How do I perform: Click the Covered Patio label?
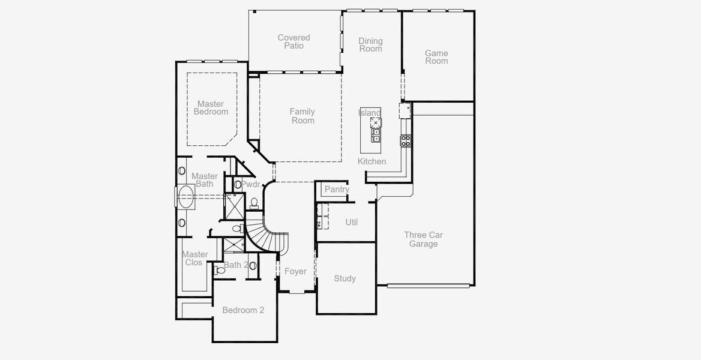[294, 42]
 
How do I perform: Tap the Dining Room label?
[370, 45]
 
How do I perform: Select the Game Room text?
[436, 57]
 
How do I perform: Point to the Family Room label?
[302, 116]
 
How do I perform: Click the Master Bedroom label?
[211, 108]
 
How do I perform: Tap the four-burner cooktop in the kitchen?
[406, 141]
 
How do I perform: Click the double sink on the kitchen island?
[376, 136]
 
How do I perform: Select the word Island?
[370, 113]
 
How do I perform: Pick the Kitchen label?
[372, 161]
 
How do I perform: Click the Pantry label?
[337, 190]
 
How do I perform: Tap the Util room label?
[352, 222]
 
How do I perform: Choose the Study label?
[345, 278]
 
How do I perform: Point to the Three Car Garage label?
[423, 239]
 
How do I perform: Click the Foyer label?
[295, 271]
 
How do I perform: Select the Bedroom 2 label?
[243, 310]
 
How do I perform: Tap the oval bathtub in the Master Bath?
[187, 196]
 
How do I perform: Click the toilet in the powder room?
[254, 202]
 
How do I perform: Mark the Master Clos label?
[195, 259]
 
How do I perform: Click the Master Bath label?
[205, 180]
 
